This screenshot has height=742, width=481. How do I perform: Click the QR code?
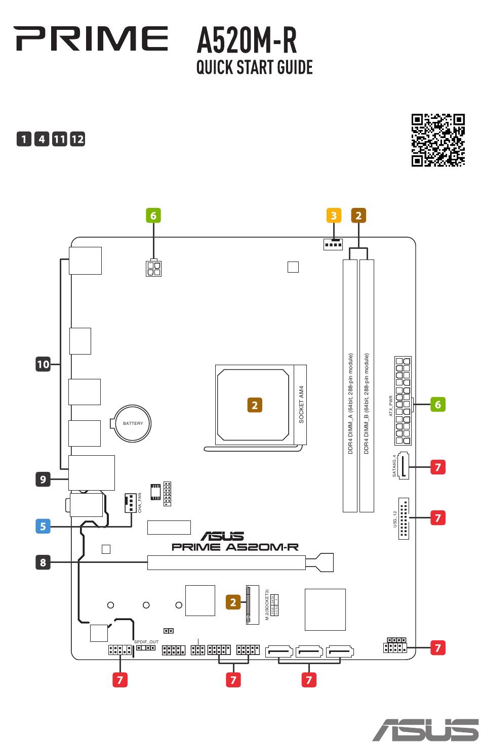438,140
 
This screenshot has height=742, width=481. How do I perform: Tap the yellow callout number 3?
333,215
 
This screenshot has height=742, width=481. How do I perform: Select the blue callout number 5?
43,526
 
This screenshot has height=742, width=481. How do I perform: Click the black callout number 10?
43,364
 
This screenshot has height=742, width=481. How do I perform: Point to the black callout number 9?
43,479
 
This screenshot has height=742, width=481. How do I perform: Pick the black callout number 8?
43,562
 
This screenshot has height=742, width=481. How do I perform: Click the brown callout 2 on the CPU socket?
255,405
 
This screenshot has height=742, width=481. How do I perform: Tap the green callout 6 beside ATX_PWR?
438,404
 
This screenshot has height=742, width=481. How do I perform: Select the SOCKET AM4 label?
301,405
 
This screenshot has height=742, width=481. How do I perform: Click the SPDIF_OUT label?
146,642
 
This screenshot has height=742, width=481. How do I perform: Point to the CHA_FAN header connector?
130,503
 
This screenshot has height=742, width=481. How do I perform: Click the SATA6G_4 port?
404,465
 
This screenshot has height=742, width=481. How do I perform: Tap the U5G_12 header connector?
404,518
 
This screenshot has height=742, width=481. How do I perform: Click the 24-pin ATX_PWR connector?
403,401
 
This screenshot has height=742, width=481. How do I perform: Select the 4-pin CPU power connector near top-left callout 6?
153,268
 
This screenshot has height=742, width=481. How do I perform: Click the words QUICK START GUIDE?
254,67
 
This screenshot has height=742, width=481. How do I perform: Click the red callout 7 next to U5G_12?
438,517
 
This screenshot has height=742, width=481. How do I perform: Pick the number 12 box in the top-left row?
77,139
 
